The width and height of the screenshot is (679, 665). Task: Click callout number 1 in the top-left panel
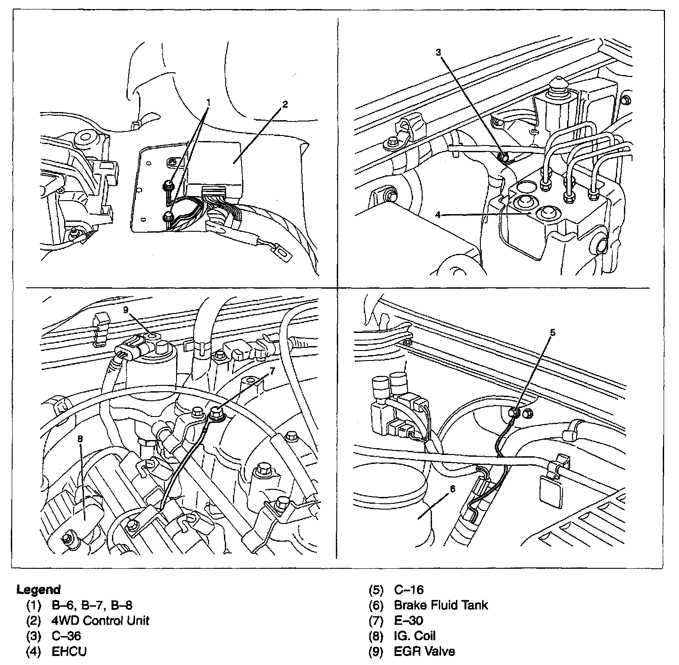pyautogui.click(x=208, y=103)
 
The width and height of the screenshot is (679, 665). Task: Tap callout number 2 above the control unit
pyautogui.click(x=285, y=104)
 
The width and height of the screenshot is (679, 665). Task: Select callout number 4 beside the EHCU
pyautogui.click(x=437, y=215)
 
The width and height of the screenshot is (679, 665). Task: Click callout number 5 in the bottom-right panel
pyautogui.click(x=553, y=333)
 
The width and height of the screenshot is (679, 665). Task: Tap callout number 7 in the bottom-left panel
pyautogui.click(x=271, y=371)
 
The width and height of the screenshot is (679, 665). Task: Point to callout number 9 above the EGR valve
pyautogui.click(x=126, y=309)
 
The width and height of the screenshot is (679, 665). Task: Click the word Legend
pyautogui.click(x=38, y=590)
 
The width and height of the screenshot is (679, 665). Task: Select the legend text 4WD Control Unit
pyautogui.click(x=104, y=620)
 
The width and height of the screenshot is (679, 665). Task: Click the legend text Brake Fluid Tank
pyautogui.click(x=441, y=605)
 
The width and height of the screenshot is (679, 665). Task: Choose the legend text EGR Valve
pyautogui.click(x=424, y=651)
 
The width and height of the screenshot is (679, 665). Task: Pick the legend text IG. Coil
pyautogui.click(x=415, y=636)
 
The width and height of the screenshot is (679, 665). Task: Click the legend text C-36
pyautogui.click(x=66, y=636)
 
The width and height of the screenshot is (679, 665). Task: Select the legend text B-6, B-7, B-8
pyautogui.click(x=92, y=605)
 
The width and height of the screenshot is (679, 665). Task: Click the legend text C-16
pyautogui.click(x=409, y=590)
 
